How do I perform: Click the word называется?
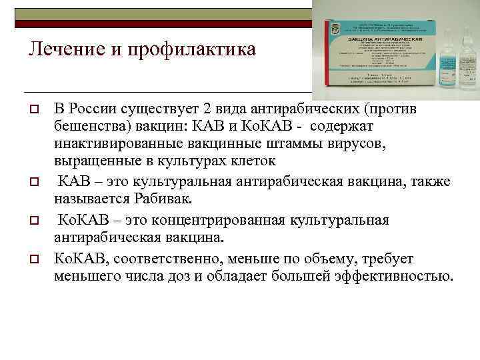[x=89, y=198]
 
